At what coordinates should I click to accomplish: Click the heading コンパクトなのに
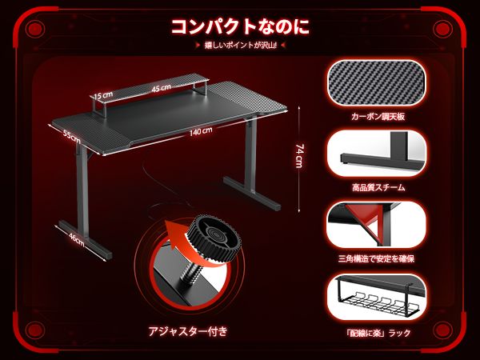[239, 26]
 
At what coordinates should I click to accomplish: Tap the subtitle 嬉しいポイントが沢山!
[240, 46]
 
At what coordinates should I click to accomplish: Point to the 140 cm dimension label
[202, 131]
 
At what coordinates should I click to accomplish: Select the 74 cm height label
[299, 155]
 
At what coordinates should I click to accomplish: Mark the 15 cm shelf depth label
[102, 95]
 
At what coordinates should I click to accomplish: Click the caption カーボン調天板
[378, 116]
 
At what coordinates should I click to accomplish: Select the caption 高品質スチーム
[378, 187]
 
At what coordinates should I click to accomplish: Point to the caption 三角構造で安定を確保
[378, 258]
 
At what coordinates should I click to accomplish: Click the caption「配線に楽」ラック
[378, 331]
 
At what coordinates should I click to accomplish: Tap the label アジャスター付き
[189, 330]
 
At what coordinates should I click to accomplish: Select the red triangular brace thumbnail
[378, 225]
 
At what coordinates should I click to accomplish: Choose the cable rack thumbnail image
[378, 297]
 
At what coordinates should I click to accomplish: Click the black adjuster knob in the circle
[214, 238]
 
